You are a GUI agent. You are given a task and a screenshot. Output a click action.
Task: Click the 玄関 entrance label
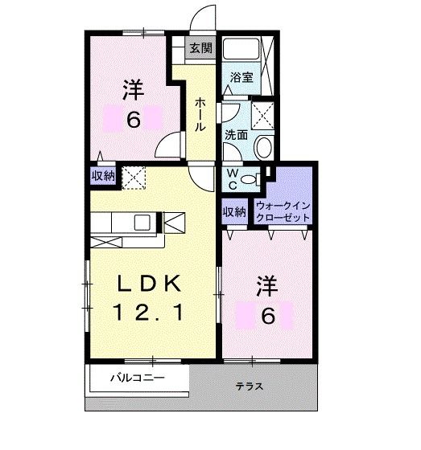[201, 48]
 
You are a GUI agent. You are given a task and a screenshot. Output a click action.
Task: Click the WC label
[230, 178]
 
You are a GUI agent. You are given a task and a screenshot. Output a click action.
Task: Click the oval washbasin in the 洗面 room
[262, 147]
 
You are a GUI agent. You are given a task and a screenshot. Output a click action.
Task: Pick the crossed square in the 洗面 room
[262, 113]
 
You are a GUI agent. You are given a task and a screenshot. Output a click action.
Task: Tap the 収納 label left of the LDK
[102, 175]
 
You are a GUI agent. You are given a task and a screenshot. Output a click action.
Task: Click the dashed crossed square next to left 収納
[132, 175]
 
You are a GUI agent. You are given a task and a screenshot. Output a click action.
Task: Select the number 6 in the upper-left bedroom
[134, 120]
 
